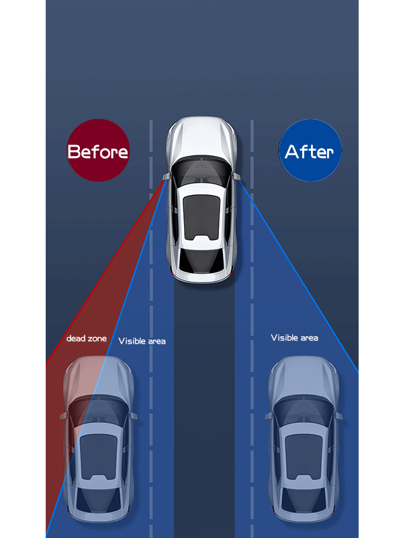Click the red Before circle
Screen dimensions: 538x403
point(97,151)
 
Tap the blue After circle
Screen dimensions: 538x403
point(310,151)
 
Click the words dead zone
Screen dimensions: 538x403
point(86,338)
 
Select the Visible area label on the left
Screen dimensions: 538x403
point(142,341)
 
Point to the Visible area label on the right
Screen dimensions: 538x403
point(294,337)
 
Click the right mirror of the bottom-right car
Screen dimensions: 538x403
point(339,416)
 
